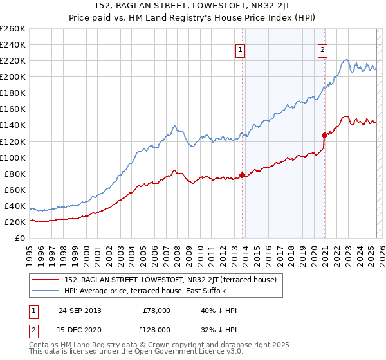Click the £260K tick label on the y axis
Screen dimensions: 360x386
(13, 29)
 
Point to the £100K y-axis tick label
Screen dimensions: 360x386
(13, 157)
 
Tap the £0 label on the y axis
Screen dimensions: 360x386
(19, 239)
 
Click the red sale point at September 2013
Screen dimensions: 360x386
(243, 175)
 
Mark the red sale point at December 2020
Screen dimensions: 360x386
(325, 135)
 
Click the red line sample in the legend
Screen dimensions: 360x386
(46, 280)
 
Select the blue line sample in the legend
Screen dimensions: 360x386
(46, 291)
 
